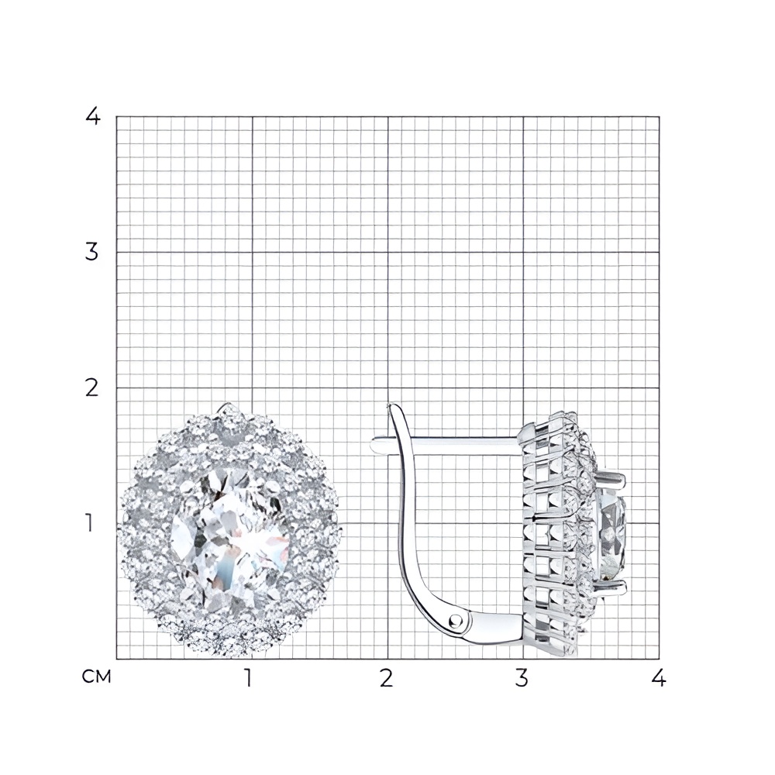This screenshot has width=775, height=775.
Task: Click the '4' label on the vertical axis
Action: pyautogui.click(x=93, y=117)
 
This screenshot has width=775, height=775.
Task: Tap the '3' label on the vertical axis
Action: pyautogui.click(x=92, y=252)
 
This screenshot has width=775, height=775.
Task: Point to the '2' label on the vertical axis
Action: pyautogui.click(x=92, y=388)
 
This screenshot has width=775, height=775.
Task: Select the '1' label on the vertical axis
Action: pyautogui.click(x=89, y=523)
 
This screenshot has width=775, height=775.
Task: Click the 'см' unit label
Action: pyautogui.click(x=96, y=677)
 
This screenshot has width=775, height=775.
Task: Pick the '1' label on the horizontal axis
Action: pyautogui.click(x=249, y=677)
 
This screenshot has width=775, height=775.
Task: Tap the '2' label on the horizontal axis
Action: pyautogui.click(x=387, y=677)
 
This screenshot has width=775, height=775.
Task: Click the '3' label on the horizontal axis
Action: pyautogui.click(x=522, y=677)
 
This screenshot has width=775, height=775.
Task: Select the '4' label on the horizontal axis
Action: pyautogui.click(x=658, y=677)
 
